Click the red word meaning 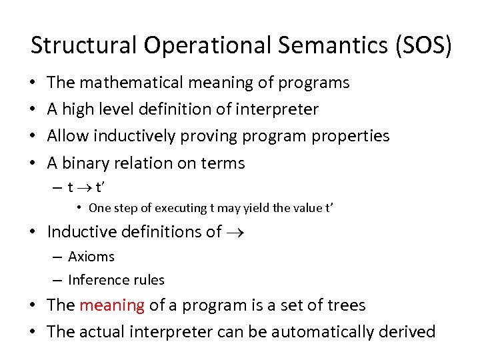click(111, 305)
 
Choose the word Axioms click(91, 257)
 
